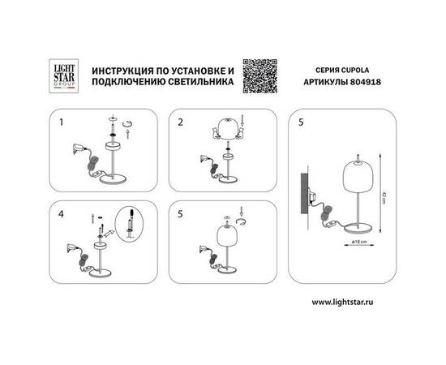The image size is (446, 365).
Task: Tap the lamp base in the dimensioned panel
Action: pos(352,232)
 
